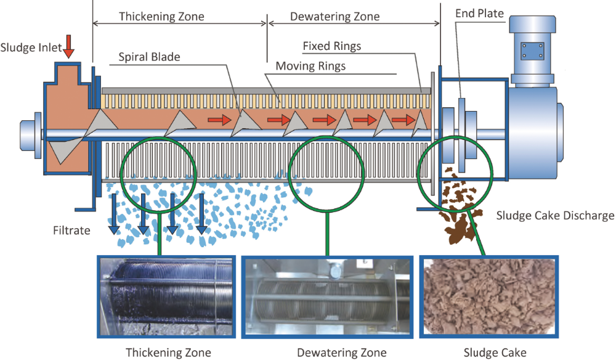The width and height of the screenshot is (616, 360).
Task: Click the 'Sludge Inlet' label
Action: coord(31,47)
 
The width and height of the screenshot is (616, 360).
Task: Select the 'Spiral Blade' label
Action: coord(149,57)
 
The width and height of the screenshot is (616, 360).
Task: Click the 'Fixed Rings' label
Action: coord(331,46)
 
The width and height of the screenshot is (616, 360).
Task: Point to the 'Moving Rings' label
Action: coord(310,65)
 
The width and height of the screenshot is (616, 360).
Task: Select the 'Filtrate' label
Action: coord(71,231)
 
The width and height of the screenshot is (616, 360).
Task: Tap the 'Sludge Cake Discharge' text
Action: coord(555,216)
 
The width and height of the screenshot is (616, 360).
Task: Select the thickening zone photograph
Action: coord(168,297)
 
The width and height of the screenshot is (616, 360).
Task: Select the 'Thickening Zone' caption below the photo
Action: coord(168,352)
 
